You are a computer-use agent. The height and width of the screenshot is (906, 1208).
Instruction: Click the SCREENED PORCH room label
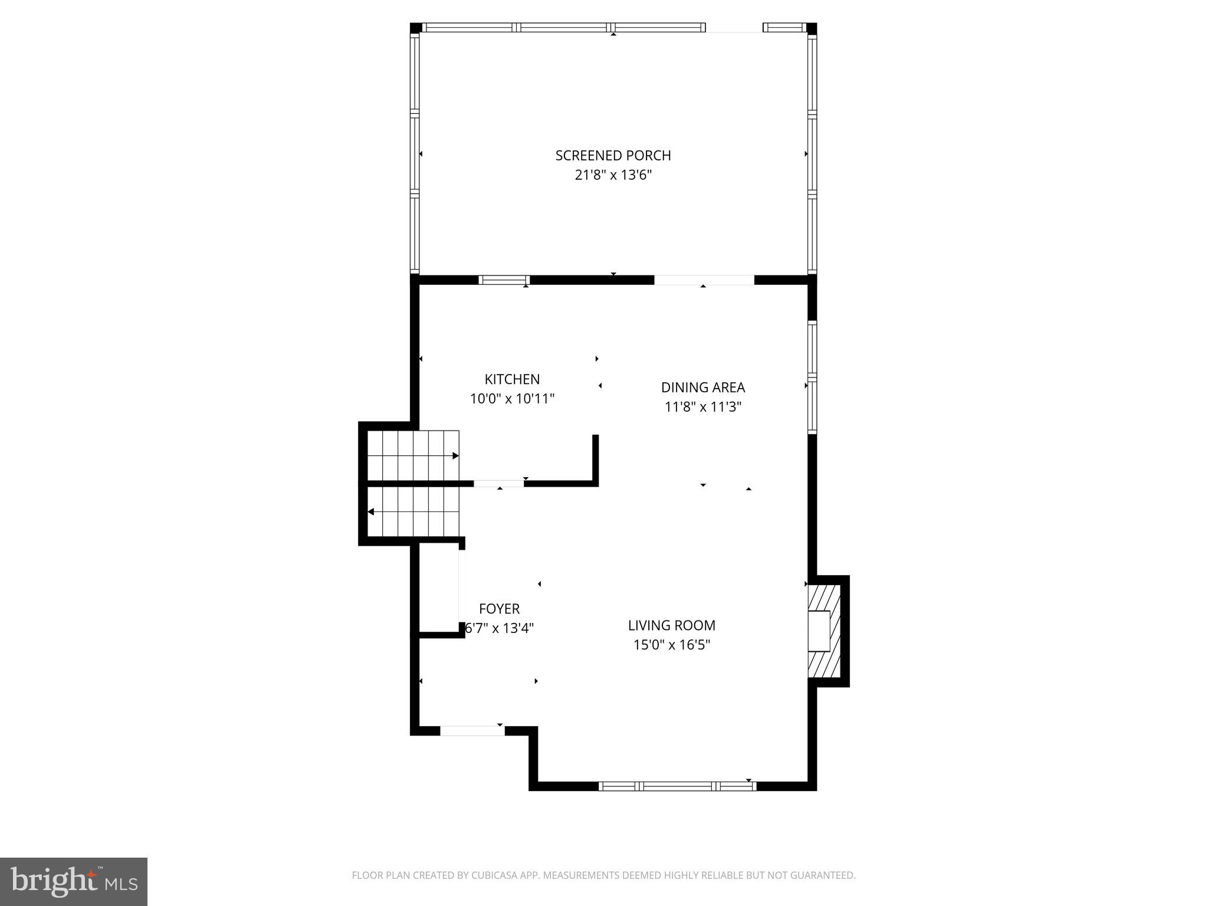click(613, 156)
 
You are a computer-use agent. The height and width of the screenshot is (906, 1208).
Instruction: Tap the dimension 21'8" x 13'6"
click(613, 175)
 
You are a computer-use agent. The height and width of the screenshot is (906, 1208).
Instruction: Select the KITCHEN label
click(512, 379)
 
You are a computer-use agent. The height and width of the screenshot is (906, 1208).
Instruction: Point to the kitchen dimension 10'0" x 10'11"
click(512, 399)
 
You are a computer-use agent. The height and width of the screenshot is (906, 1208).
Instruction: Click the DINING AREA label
click(703, 388)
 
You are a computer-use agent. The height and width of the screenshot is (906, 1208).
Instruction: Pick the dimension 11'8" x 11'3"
click(703, 407)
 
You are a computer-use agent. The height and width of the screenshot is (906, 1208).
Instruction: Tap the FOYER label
click(499, 609)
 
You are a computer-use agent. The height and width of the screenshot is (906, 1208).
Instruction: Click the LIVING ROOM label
click(671, 625)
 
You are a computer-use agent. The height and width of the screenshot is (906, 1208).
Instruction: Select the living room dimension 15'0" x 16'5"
click(671, 645)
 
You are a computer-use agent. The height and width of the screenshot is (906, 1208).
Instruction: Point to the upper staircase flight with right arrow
click(413, 456)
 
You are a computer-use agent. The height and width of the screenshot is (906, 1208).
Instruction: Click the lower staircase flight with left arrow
click(413, 511)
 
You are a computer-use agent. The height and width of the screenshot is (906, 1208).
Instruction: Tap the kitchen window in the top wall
click(504, 280)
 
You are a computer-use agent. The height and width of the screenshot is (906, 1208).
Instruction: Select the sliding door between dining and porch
click(704, 280)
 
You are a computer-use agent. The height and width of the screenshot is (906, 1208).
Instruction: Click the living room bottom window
click(677, 786)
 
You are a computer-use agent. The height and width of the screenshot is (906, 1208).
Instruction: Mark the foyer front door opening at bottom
click(472, 731)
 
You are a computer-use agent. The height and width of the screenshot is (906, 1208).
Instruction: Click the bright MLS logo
click(73, 881)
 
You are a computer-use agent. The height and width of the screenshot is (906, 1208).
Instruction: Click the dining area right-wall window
click(812, 377)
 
